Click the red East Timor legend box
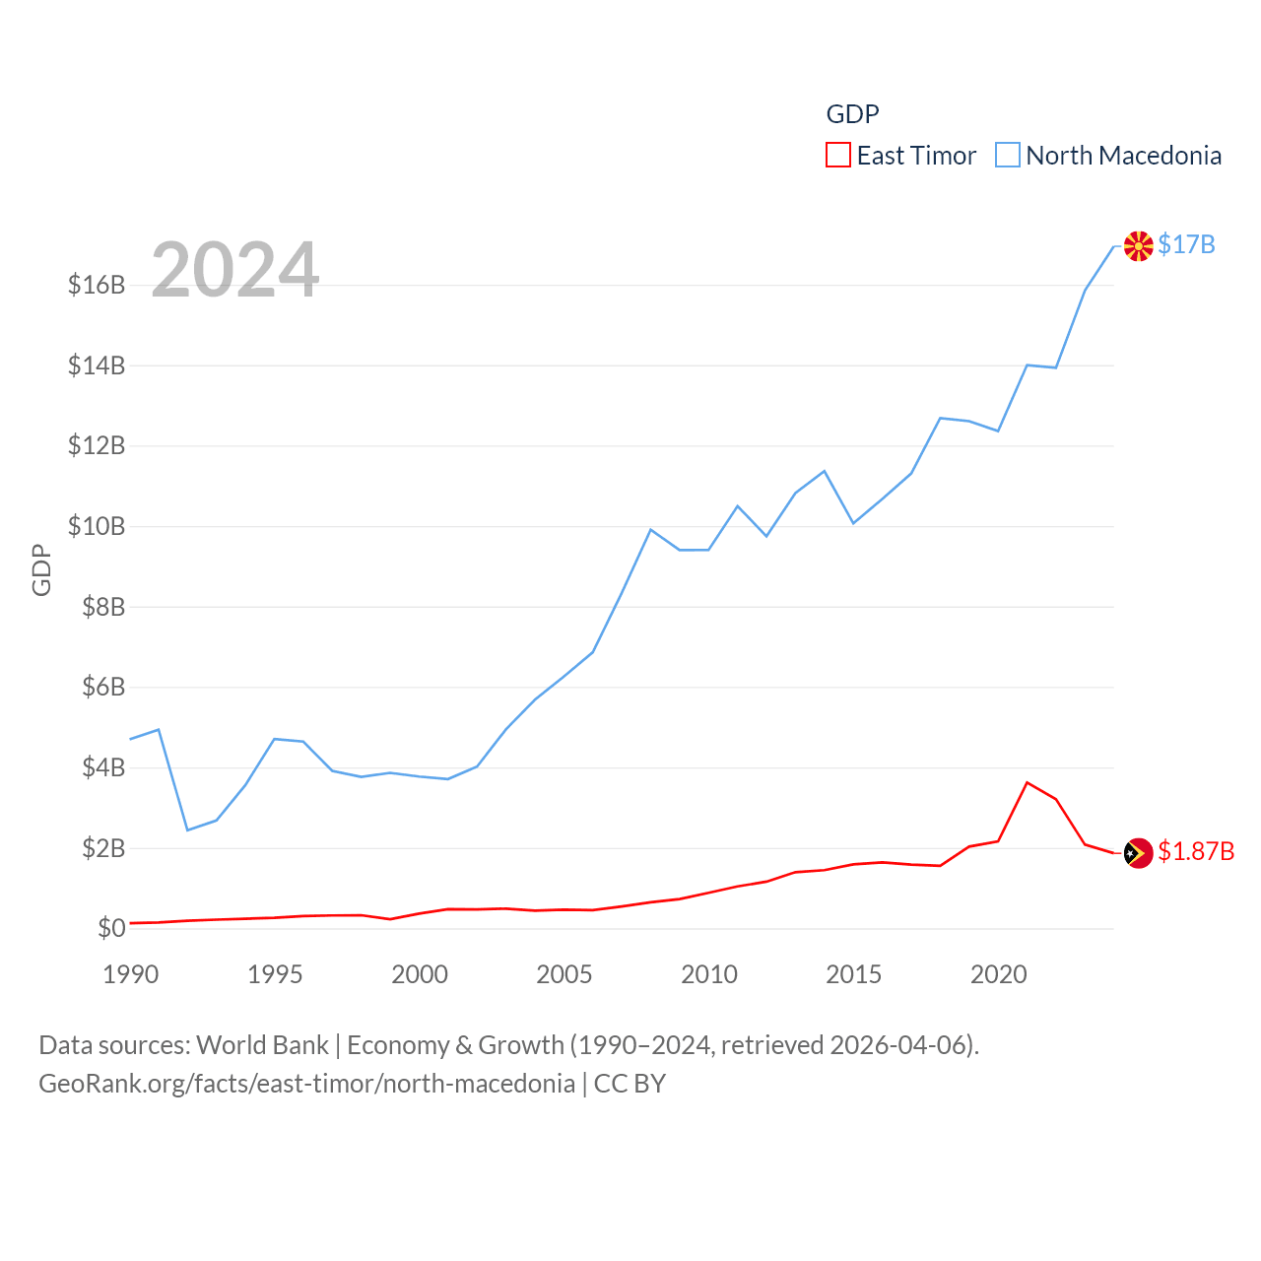tap(837, 155)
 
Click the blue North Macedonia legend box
tap(1007, 155)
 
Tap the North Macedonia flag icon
tap(1138, 246)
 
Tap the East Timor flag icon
tap(1138, 853)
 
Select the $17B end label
tap(1186, 244)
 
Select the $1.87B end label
tap(1196, 851)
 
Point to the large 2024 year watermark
tap(234, 269)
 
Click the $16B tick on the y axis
tap(97, 286)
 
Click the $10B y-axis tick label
tap(97, 526)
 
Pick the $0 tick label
tap(111, 928)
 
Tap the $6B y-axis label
tap(103, 687)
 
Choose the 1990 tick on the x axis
tap(131, 974)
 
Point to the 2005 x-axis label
tap(564, 974)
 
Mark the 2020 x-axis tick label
tap(999, 974)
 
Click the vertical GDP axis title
tap(41, 569)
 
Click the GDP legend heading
tap(852, 114)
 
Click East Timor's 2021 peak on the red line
tap(1028, 782)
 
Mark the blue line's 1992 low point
tap(187, 830)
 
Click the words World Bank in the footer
tap(263, 1044)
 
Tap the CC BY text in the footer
tap(630, 1084)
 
